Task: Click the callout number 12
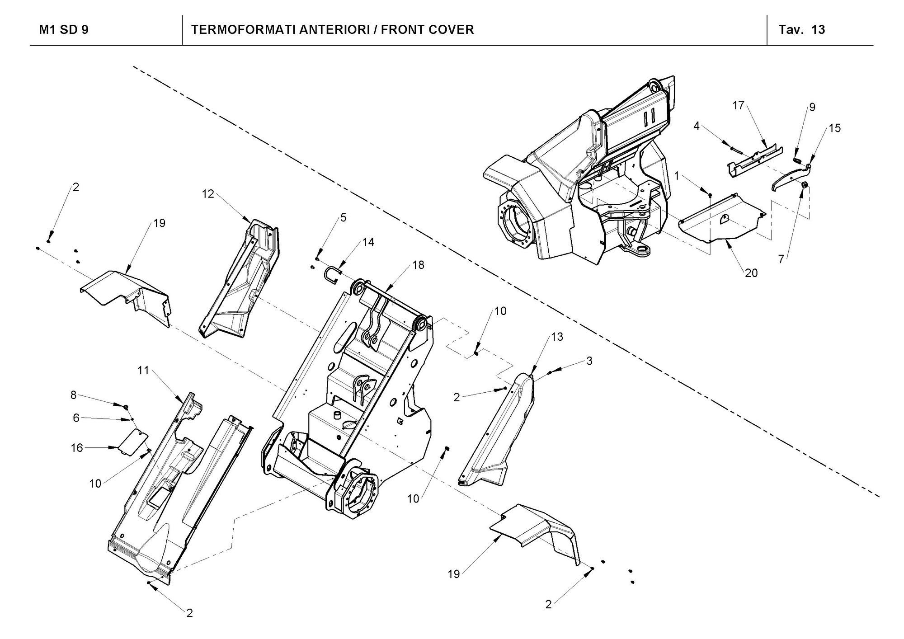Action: coord(208,194)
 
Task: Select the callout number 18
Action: coord(419,265)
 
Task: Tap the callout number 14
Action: coord(368,242)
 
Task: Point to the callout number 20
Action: coord(751,273)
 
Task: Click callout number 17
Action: coord(738,105)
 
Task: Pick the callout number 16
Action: coord(77,447)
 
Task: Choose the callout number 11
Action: coord(143,371)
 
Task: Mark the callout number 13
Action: coord(557,337)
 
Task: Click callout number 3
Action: coord(589,361)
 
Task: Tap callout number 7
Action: coord(781,259)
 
